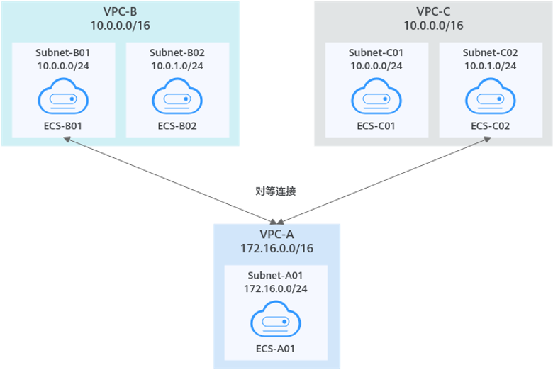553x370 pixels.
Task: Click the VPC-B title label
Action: pyautogui.click(x=120, y=11)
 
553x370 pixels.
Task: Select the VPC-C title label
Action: pyautogui.click(x=433, y=11)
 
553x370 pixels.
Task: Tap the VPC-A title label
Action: pyautogui.click(x=277, y=235)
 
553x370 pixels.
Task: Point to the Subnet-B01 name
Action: pyautogui.click(x=63, y=52)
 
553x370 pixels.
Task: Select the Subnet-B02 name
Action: pyautogui.click(x=177, y=52)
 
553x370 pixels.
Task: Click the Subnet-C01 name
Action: pyautogui.click(x=376, y=52)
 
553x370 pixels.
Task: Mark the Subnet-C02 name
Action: pyautogui.click(x=490, y=52)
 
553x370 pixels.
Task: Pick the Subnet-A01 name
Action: pyautogui.click(x=276, y=275)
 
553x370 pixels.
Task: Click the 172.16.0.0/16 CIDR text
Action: pyautogui.click(x=277, y=249)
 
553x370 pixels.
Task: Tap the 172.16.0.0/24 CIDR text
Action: pyautogui.click(x=276, y=288)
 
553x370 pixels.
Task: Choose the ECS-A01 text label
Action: pyautogui.click(x=276, y=348)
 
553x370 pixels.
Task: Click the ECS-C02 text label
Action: pyautogui.click(x=490, y=126)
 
